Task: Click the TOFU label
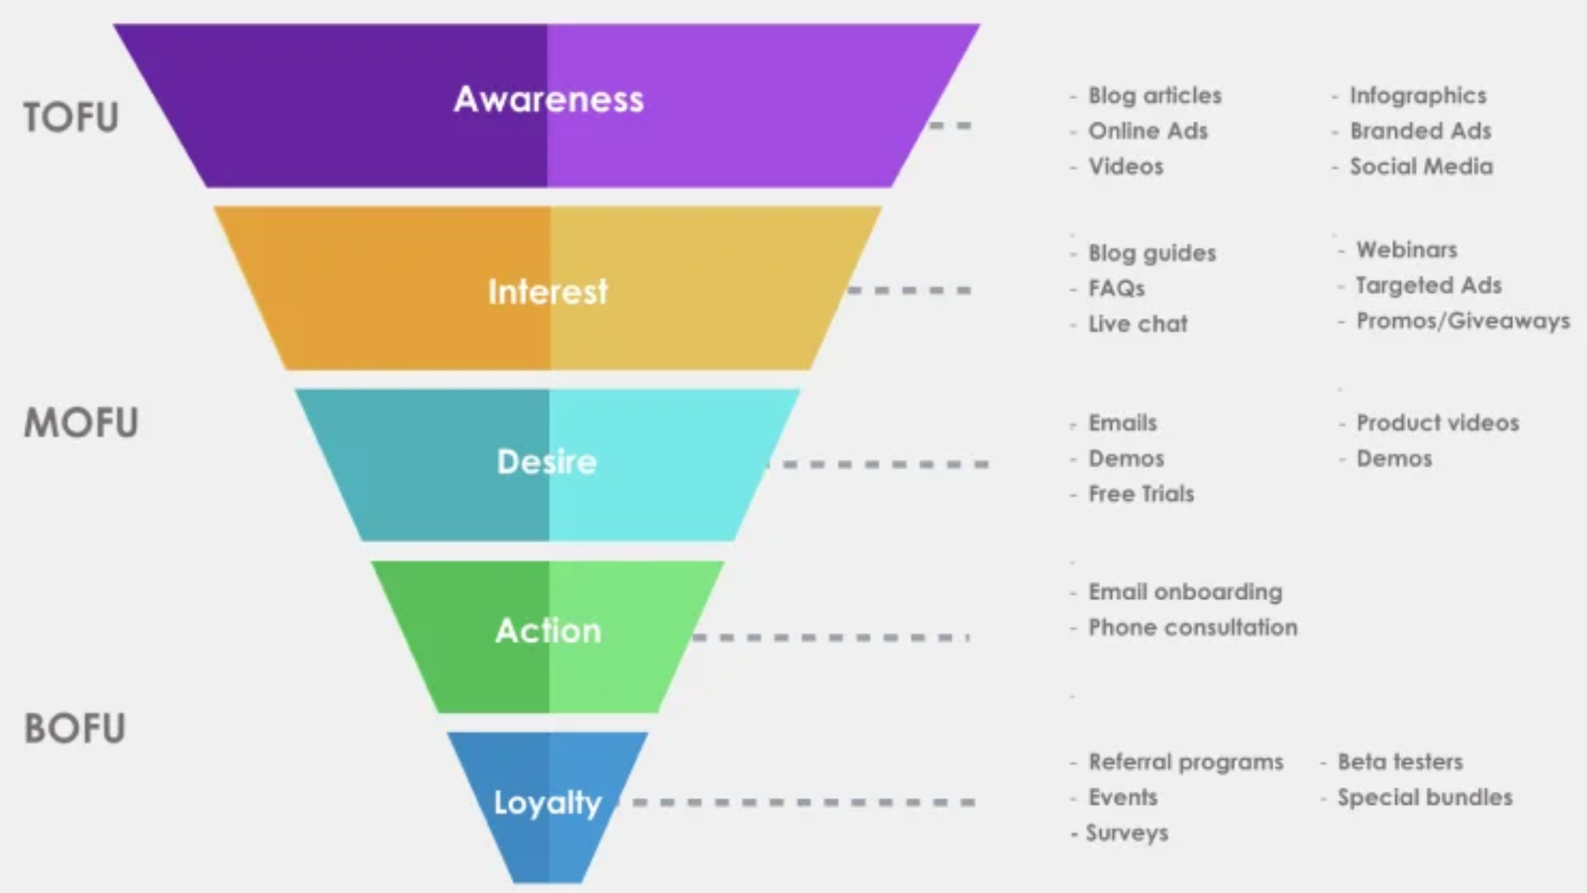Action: click(71, 117)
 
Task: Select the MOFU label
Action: click(81, 423)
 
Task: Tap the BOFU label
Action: click(75, 728)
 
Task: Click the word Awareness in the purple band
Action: click(548, 99)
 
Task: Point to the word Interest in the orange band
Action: click(548, 291)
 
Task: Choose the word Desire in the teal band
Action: click(547, 462)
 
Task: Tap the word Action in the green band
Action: click(548, 631)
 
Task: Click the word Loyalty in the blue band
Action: click(547, 803)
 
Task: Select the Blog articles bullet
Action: click(1154, 96)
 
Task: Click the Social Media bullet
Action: click(1421, 167)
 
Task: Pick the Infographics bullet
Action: click(1417, 96)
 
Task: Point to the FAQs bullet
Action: click(1117, 288)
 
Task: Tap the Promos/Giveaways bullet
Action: click(1462, 321)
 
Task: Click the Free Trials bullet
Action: click(1141, 494)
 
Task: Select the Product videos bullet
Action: click(1437, 423)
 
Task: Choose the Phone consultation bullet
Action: click(1192, 627)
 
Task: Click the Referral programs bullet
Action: click(1185, 762)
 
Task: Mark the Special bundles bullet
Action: click(1424, 797)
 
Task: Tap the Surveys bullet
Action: click(1126, 833)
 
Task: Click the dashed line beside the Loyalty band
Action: click(801, 802)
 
